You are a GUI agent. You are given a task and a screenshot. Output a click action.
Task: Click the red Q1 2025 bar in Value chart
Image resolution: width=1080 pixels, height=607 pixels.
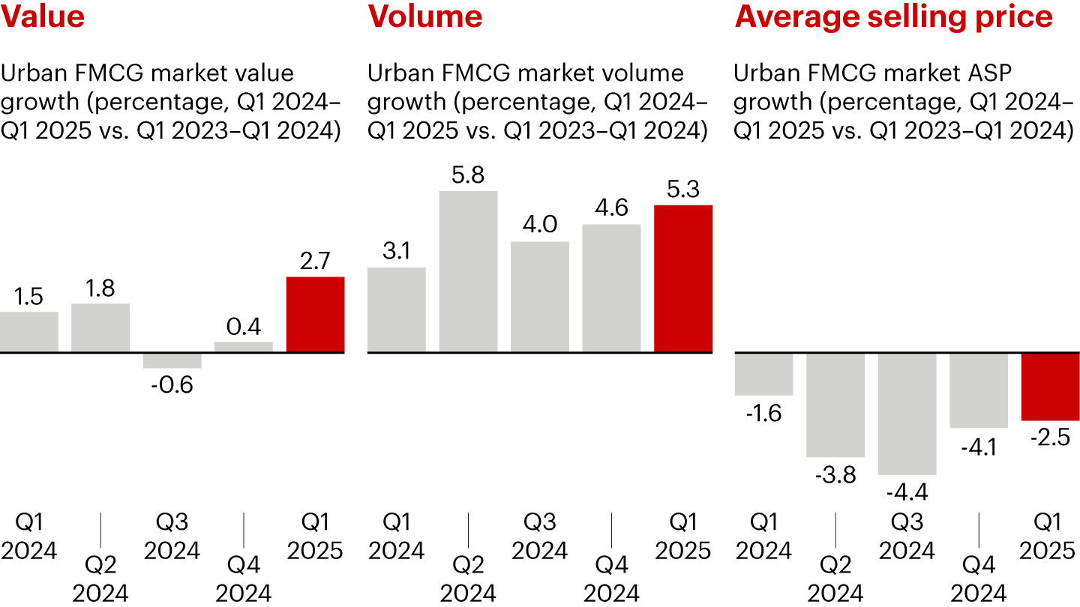tap(316, 315)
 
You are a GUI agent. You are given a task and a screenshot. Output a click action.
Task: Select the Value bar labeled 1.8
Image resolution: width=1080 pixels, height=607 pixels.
tap(100, 327)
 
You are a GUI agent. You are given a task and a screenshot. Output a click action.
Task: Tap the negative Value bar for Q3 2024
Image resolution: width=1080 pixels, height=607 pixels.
tap(172, 360)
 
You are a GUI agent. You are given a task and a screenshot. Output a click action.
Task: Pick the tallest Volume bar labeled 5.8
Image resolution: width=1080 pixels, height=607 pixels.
tap(468, 271)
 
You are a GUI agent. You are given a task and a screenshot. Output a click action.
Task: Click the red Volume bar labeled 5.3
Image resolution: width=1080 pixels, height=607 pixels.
tap(683, 278)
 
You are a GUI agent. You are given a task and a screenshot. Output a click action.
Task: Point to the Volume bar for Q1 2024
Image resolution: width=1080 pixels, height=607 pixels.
tap(396, 309)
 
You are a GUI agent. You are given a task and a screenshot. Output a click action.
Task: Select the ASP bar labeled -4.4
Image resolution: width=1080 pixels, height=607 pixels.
tap(907, 414)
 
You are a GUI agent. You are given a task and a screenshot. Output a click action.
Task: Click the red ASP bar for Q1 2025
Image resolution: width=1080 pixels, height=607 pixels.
tap(1051, 387)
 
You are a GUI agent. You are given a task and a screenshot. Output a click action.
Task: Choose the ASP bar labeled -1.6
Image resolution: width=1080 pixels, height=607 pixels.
tap(763, 374)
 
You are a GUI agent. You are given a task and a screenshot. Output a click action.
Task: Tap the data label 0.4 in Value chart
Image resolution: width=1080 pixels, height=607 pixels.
tap(244, 327)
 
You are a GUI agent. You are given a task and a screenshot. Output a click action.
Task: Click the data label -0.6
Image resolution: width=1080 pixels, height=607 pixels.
tap(172, 384)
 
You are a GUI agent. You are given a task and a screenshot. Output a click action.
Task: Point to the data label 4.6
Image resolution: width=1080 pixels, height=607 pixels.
tap(611, 208)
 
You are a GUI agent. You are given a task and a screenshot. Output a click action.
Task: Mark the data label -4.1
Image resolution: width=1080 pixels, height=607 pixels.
tap(979, 447)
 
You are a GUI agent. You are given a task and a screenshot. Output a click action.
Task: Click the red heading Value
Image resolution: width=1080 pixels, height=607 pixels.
tap(42, 16)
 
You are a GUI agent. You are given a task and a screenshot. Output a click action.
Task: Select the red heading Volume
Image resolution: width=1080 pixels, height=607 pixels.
tap(424, 16)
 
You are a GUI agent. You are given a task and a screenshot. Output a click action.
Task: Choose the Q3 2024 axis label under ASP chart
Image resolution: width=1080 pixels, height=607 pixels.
tap(907, 537)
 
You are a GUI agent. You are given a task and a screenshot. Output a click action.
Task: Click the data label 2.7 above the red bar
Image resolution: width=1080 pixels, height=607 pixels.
tap(316, 262)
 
